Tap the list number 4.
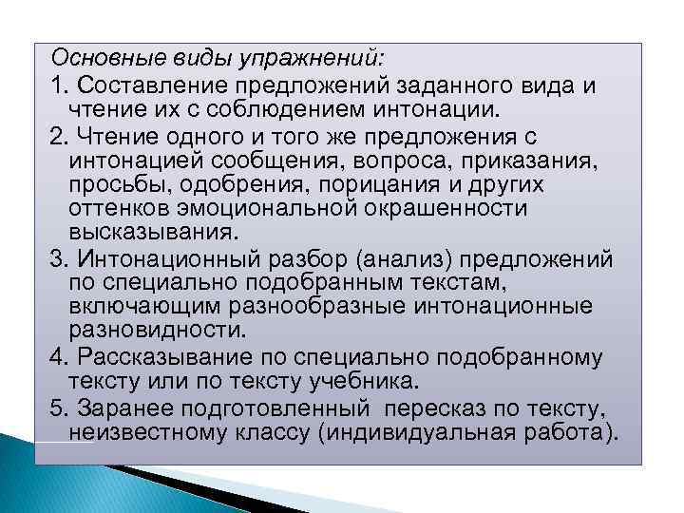pyautogui.click(x=58, y=356)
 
